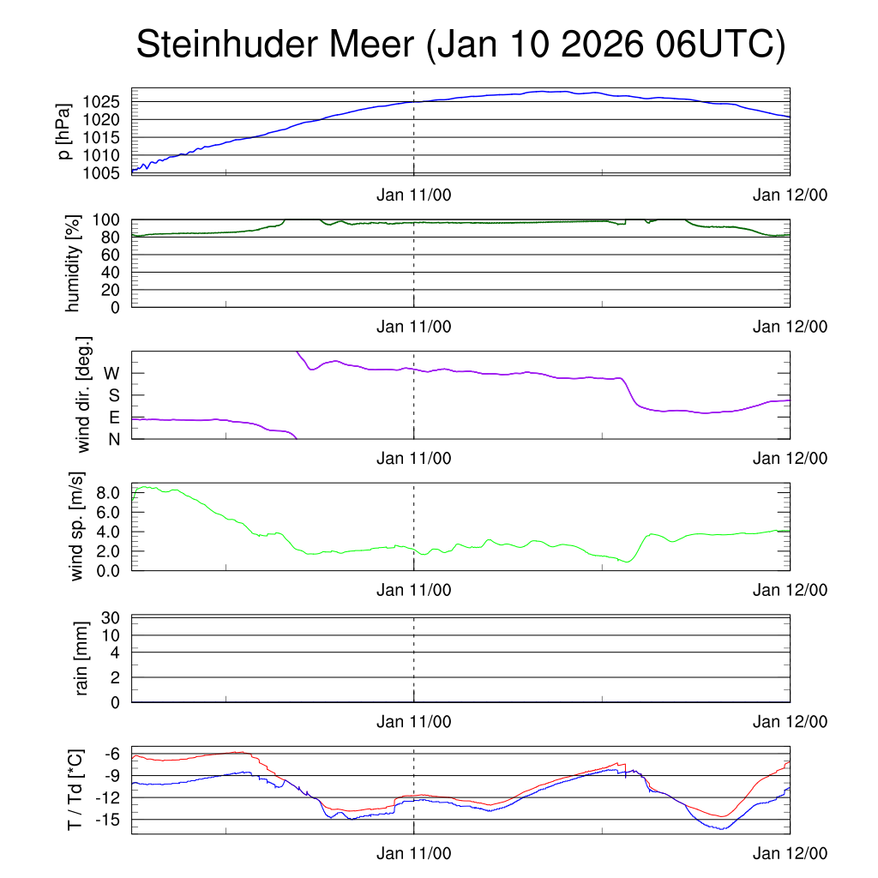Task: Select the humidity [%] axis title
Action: pyautogui.click(x=72, y=263)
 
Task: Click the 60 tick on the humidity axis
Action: pyautogui.click(x=112, y=255)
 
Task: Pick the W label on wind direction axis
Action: pyautogui.click(x=111, y=373)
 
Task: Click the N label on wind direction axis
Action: pyautogui.click(x=113, y=438)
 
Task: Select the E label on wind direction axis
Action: pyautogui.click(x=113, y=417)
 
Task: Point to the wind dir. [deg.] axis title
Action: pyautogui.click(x=84, y=394)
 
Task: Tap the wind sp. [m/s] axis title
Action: pyautogui.click(x=78, y=526)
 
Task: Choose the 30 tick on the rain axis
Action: pyautogui.click(x=111, y=617)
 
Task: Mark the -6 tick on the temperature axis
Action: pyautogui.click(x=111, y=754)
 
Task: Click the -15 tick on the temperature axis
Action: pyautogui.click(x=108, y=820)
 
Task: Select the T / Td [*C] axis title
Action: pyautogui.click(x=75, y=790)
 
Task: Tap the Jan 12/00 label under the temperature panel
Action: pyautogui.click(x=790, y=854)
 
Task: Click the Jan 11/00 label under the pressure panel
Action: pyautogui.click(x=413, y=195)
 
